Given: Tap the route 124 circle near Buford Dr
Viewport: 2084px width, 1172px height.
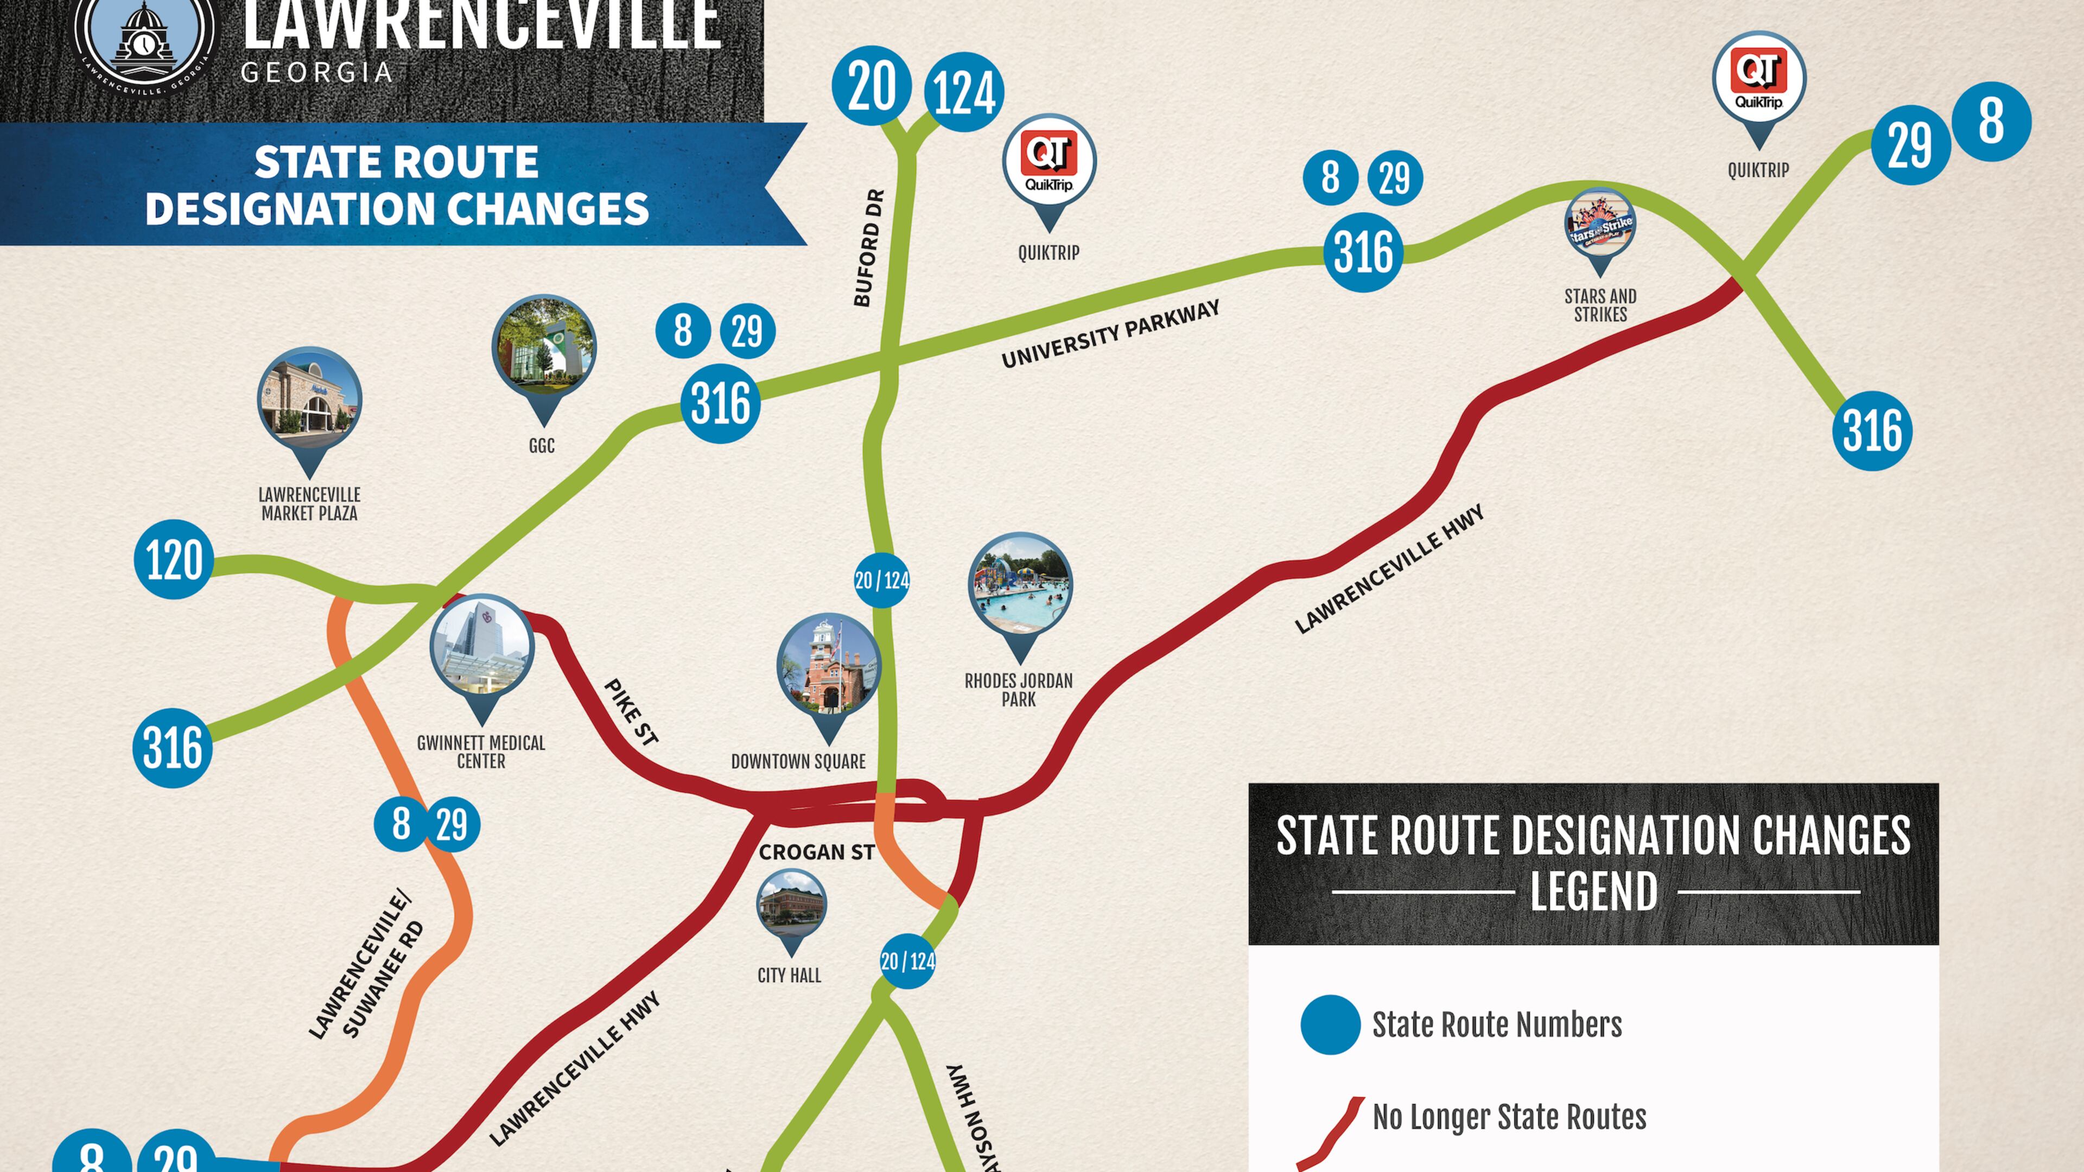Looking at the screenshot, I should [x=963, y=91].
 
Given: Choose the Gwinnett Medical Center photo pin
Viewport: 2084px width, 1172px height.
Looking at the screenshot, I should [x=482, y=648].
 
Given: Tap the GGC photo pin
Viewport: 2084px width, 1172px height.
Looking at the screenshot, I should [x=544, y=348].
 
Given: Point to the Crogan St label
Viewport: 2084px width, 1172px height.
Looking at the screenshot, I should [x=816, y=852].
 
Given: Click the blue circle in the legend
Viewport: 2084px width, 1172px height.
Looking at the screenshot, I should [x=1330, y=1024].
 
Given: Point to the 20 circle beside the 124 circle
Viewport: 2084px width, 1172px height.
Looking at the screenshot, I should [x=871, y=86].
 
